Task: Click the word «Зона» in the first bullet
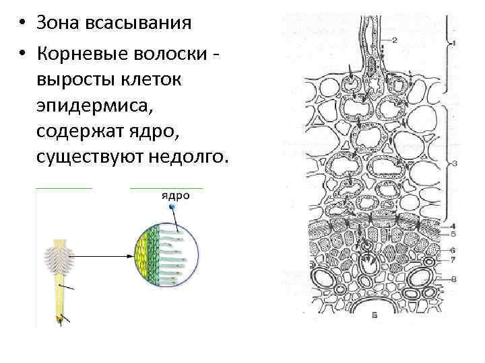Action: (x=59, y=23)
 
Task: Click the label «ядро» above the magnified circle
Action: (x=174, y=196)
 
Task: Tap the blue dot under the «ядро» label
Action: (x=173, y=208)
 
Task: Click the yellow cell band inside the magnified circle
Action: (x=142, y=256)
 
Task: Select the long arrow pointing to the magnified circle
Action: (x=101, y=256)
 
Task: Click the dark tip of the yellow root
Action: (x=59, y=318)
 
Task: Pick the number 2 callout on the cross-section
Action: (x=395, y=40)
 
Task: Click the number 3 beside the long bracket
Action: (x=455, y=163)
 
